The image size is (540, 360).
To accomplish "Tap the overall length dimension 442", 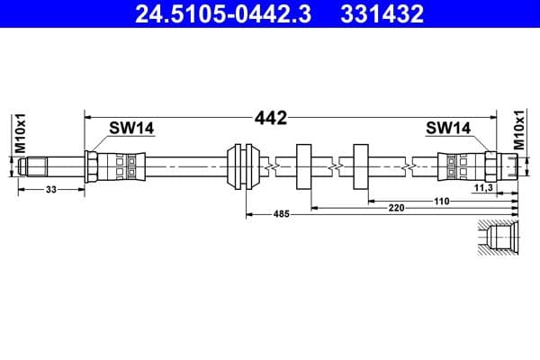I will click(x=270, y=118).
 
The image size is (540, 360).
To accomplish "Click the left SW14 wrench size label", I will click(x=131, y=129).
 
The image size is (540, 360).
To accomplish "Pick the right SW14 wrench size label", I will click(x=448, y=129).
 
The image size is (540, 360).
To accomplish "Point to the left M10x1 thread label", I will click(x=20, y=133).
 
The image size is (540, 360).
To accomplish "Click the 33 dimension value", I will click(x=50, y=189).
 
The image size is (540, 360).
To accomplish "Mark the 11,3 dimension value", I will click(x=482, y=188).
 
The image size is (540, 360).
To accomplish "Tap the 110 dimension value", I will click(x=441, y=201).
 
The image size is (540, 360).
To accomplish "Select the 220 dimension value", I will click(x=396, y=208).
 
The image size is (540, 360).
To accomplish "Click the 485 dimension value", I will click(x=283, y=215).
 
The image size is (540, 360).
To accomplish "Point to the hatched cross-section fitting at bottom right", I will click(x=498, y=239).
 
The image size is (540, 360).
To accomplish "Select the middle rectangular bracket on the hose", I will click(x=303, y=166).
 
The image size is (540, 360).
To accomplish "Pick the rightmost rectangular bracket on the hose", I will click(x=362, y=166).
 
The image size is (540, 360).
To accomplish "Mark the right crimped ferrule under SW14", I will click(x=460, y=166).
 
